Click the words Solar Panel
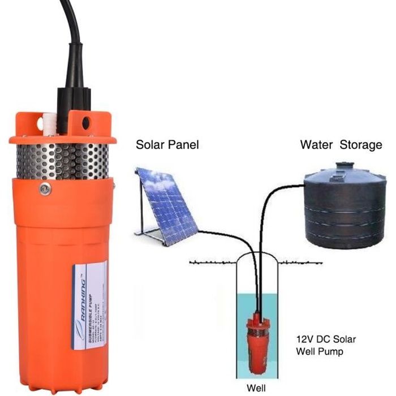[x=167, y=145]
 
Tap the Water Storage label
[x=341, y=145]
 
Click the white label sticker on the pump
[x=89, y=305]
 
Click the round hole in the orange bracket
[x=86, y=122]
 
